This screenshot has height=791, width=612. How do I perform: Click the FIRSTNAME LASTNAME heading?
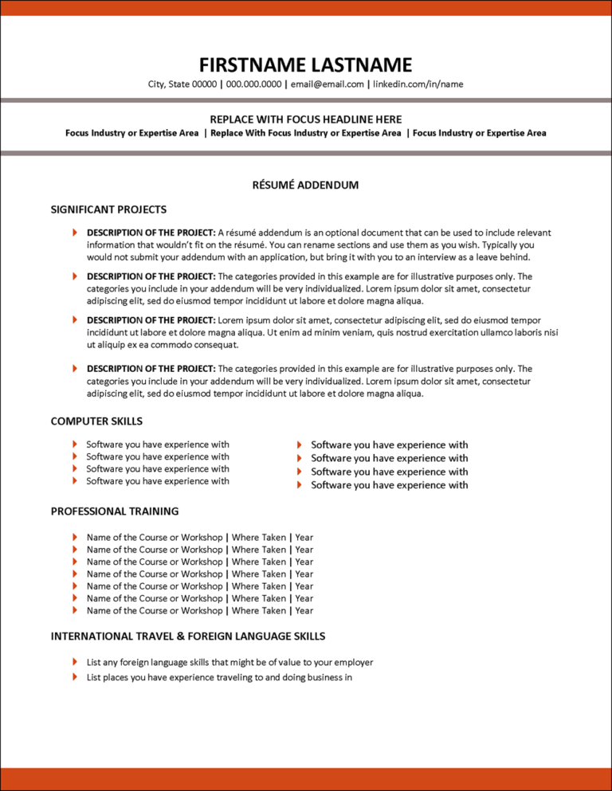coord(305,65)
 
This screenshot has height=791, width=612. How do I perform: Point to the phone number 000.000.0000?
coord(253,84)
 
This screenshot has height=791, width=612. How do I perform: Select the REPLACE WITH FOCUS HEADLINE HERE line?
coord(305,118)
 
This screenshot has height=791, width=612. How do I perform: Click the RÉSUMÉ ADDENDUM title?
coord(305,185)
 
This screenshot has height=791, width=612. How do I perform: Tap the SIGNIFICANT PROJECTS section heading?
coord(108,209)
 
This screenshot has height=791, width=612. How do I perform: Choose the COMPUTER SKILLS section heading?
coord(96,421)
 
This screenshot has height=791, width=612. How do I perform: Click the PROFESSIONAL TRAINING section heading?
coord(115,511)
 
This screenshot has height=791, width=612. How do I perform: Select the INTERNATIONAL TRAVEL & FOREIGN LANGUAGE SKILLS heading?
coord(188,636)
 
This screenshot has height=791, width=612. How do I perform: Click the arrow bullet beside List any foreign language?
coord(74,662)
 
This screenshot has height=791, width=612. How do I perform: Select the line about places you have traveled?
coord(219,678)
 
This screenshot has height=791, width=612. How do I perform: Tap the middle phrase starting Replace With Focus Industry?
coord(305,133)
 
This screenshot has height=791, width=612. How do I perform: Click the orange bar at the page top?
coord(305,8)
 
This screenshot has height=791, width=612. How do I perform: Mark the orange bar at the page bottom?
coord(305,778)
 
